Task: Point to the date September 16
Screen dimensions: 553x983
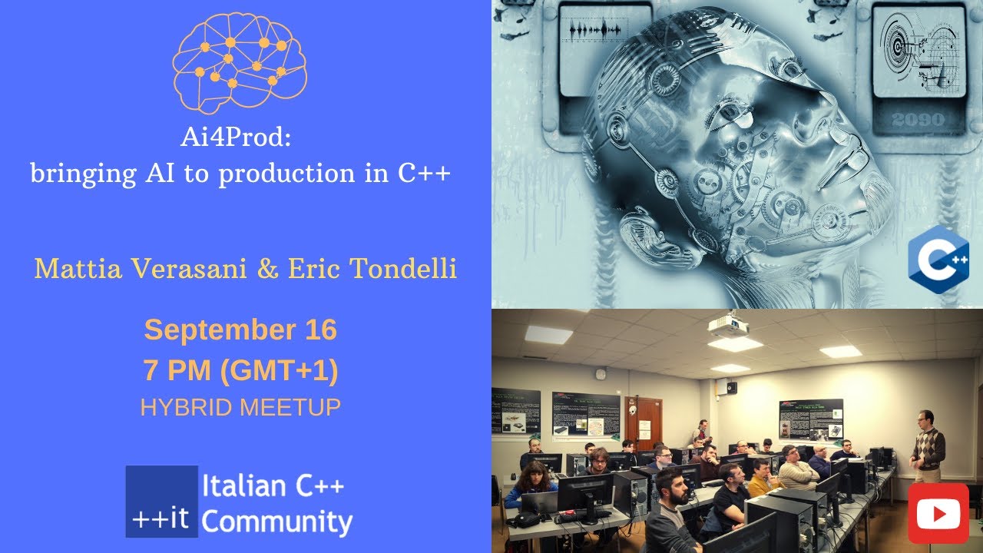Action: pyautogui.click(x=240, y=330)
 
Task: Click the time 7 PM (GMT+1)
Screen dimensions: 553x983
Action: pyautogui.click(x=240, y=371)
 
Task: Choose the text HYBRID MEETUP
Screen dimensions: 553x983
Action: pyautogui.click(x=240, y=407)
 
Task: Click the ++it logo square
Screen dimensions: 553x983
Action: pyautogui.click(x=161, y=502)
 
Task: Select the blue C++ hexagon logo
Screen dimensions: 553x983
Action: pyautogui.click(x=938, y=256)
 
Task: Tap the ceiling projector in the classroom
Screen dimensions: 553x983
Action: pyautogui.click(x=727, y=327)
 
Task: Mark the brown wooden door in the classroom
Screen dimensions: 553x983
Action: pyautogui.click(x=643, y=423)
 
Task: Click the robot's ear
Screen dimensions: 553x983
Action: pyautogui.click(x=645, y=234)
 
